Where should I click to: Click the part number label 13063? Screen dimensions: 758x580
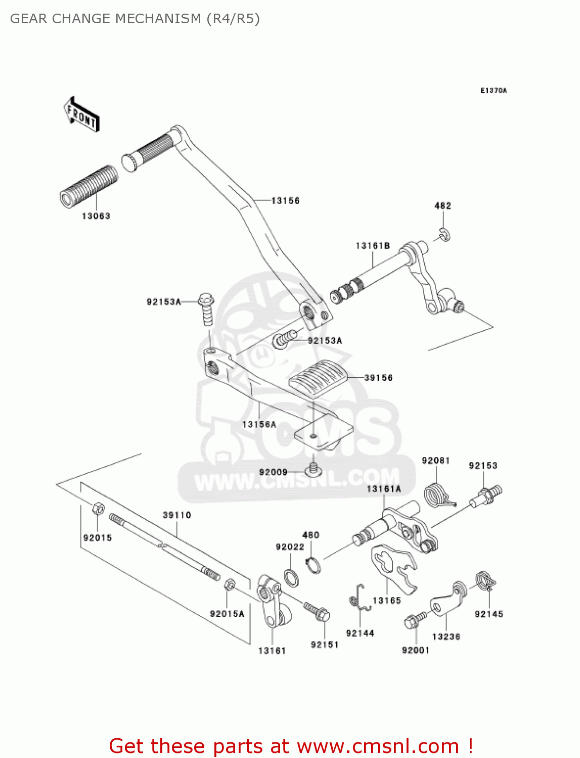point(96,216)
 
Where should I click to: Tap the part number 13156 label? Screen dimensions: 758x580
point(285,201)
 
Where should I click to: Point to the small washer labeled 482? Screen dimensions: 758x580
point(444,234)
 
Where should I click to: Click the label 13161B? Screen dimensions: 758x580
point(373,246)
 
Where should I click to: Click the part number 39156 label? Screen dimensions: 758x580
point(378,378)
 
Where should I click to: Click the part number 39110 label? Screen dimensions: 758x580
point(177,515)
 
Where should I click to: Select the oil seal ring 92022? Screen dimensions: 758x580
point(291,577)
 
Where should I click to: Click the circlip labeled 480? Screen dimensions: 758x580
point(313,565)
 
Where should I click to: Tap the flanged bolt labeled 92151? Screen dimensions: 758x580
point(318,612)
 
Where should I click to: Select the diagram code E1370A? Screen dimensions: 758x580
point(493,91)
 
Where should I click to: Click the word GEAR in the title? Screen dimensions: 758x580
point(29,19)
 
